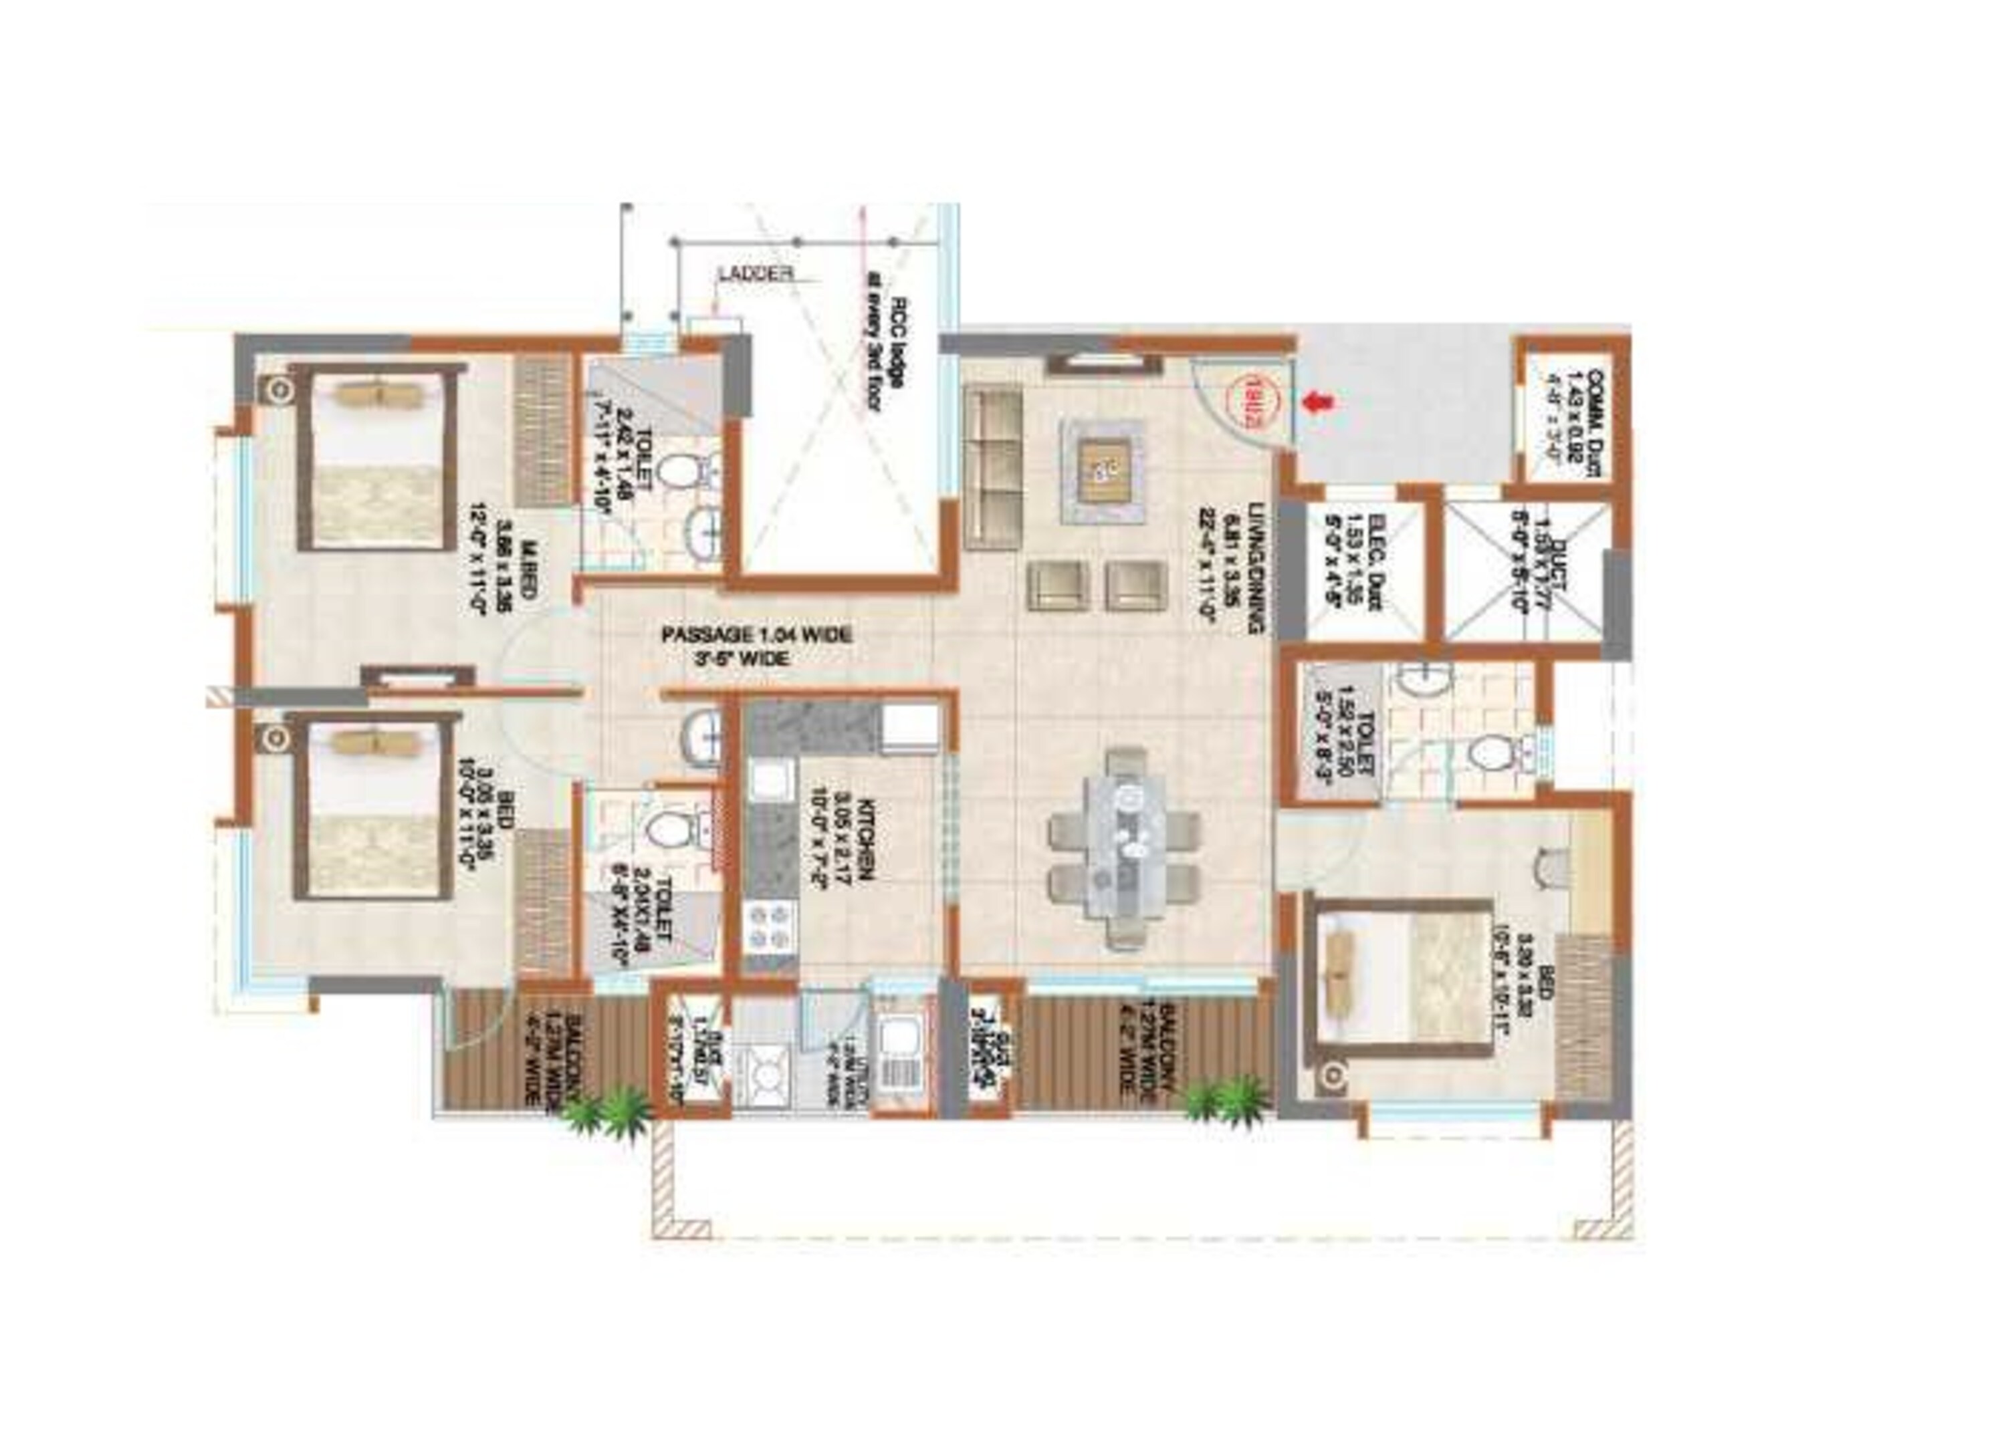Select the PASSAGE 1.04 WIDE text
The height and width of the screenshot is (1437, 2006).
coord(756,635)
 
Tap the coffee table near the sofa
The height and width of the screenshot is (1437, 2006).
coord(1102,471)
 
